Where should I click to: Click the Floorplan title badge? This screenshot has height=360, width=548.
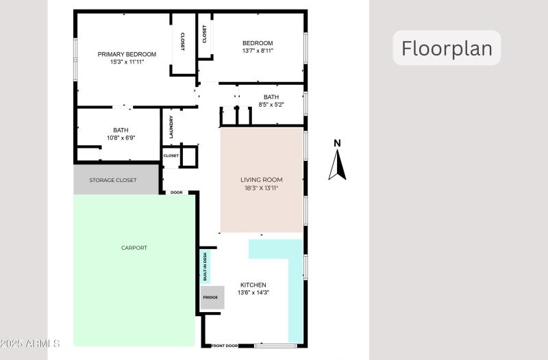[447, 49]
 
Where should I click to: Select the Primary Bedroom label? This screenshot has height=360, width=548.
[127, 54]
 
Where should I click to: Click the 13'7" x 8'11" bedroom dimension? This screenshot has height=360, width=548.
[258, 51]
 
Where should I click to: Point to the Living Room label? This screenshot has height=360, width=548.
[261, 179]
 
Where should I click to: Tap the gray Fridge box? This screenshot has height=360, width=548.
[211, 298]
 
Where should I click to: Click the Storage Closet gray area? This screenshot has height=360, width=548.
[113, 180]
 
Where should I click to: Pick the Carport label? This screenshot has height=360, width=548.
[134, 248]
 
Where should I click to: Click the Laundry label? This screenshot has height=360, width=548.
[172, 127]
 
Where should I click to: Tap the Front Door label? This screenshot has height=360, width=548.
[224, 346]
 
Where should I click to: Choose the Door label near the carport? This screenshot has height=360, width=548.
[176, 192]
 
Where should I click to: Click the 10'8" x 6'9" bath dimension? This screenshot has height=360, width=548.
[121, 138]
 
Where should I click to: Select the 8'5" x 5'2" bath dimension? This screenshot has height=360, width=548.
[271, 105]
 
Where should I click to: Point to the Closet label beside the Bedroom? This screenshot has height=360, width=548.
[204, 34]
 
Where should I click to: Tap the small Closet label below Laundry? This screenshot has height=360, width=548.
[171, 155]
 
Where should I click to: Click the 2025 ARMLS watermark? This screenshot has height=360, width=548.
[30, 343]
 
